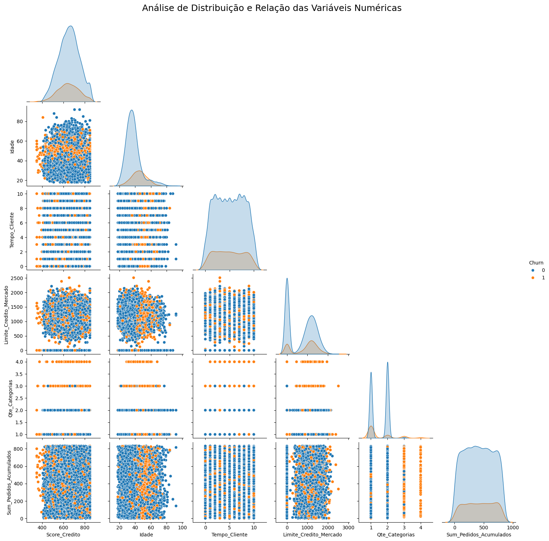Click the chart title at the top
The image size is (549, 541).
click(x=271, y=8)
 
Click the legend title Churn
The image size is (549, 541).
click(x=536, y=263)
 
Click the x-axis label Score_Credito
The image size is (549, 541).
click(x=63, y=535)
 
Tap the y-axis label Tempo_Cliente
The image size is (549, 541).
click(x=12, y=230)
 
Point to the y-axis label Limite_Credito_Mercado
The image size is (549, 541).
click(x=6, y=314)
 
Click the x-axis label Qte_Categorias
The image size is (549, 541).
click(x=396, y=535)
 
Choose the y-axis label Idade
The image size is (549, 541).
click(x=12, y=146)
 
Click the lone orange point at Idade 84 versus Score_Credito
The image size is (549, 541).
click(x=43, y=117)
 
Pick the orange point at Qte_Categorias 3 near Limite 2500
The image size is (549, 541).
click(x=338, y=386)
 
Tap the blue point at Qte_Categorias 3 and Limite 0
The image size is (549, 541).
click(x=287, y=386)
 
